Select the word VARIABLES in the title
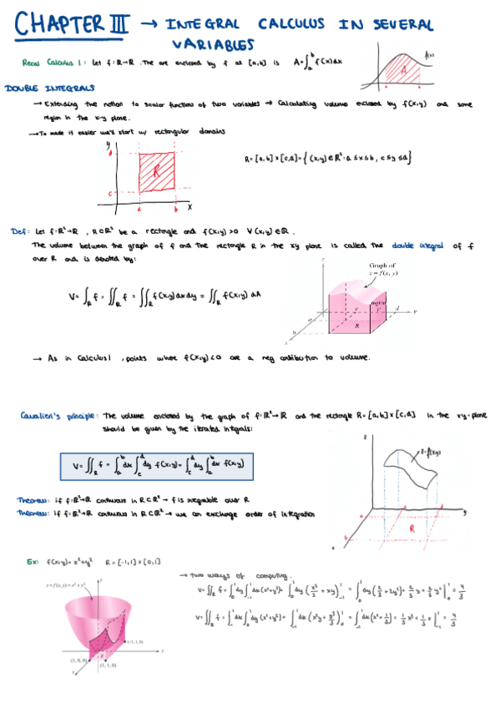pyautogui.click(x=213, y=43)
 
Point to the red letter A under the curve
pyautogui.click(x=407, y=73)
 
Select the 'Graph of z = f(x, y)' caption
pyautogui.click(x=380, y=269)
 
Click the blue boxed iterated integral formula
pyautogui.click(x=159, y=463)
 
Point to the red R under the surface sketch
pyautogui.click(x=411, y=528)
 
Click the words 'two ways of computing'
pyautogui.click(x=225, y=575)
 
